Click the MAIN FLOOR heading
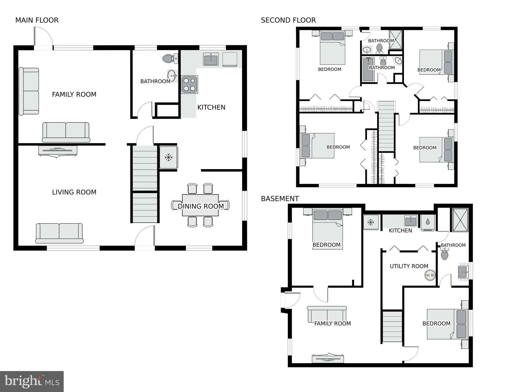[37, 20]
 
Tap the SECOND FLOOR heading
[288, 20]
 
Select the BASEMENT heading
[280, 199]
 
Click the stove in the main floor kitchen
[189, 85]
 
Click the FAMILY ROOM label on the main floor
[74, 94]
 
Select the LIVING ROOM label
[74, 192]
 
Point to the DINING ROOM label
[201, 206]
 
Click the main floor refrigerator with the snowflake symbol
[168, 157]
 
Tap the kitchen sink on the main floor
[211, 60]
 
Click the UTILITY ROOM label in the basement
[409, 266]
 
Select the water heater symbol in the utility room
[430, 275]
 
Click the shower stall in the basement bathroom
[460, 220]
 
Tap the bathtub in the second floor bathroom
[368, 69]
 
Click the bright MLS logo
[32, 382]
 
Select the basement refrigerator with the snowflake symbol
[371, 222]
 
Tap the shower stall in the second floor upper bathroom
[396, 40]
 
